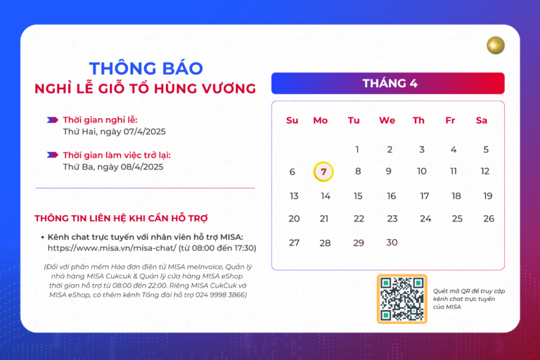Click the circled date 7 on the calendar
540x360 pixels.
click(x=323, y=172)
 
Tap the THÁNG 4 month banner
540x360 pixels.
click(x=388, y=83)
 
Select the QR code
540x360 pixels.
click(x=401, y=299)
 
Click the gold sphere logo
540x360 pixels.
click(x=496, y=46)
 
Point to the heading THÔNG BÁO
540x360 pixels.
click(x=146, y=68)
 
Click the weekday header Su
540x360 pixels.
click(x=292, y=120)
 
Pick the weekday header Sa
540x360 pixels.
click(x=482, y=120)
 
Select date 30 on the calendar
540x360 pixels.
click(x=392, y=243)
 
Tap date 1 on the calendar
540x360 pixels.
click(x=357, y=149)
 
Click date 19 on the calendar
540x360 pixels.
click(x=487, y=196)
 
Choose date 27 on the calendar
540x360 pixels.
click(x=294, y=243)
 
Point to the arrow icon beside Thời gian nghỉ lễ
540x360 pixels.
click(x=52, y=120)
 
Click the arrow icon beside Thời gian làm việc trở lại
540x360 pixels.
click(x=52, y=155)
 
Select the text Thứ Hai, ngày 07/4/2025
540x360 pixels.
click(x=114, y=131)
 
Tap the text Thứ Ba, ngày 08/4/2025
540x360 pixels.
click(x=112, y=167)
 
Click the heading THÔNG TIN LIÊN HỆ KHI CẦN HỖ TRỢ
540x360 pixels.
click(x=121, y=218)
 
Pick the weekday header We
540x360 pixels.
click(x=387, y=120)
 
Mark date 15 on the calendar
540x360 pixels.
click(x=358, y=196)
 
